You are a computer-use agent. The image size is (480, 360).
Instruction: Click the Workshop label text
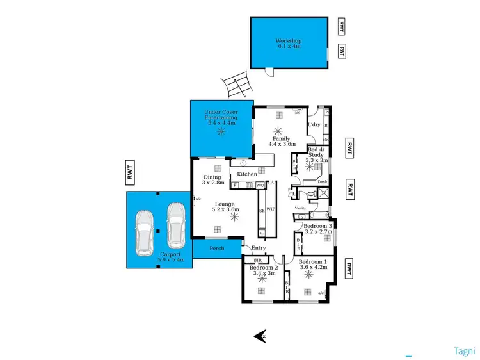click(x=289, y=40)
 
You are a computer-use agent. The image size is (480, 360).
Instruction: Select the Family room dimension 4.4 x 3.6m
click(x=282, y=145)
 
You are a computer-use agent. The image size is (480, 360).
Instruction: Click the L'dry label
click(x=314, y=124)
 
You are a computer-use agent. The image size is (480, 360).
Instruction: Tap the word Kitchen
click(x=247, y=174)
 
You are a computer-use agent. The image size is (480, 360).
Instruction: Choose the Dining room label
click(x=212, y=177)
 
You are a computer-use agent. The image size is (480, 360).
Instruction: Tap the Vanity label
click(x=300, y=208)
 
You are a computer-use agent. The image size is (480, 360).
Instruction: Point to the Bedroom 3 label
click(x=317, y=226)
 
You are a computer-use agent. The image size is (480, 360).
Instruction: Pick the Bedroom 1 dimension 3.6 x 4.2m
click(x=313, y=268)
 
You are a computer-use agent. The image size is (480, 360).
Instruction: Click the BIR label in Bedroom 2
click(x=258, y=261)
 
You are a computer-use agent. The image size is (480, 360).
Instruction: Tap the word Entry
click(x=259, y=248)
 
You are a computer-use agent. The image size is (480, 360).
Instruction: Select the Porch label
click(x=217, y=247)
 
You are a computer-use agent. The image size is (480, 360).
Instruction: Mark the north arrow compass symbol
click(x=260, y=335)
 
